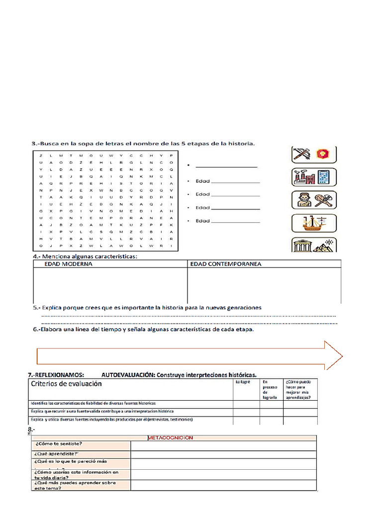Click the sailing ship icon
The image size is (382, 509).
point(302,225)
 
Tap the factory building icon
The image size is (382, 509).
point(302,177)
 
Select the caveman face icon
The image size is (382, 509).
point(302,200)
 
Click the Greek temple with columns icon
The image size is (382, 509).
point(302,246)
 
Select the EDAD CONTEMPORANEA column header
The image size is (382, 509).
point(226,264)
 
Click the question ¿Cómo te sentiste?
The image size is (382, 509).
point(58,444)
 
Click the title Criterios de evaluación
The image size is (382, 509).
point(66,384)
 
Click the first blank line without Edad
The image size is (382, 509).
point(226,167)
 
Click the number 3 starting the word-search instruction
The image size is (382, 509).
point(34,144)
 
